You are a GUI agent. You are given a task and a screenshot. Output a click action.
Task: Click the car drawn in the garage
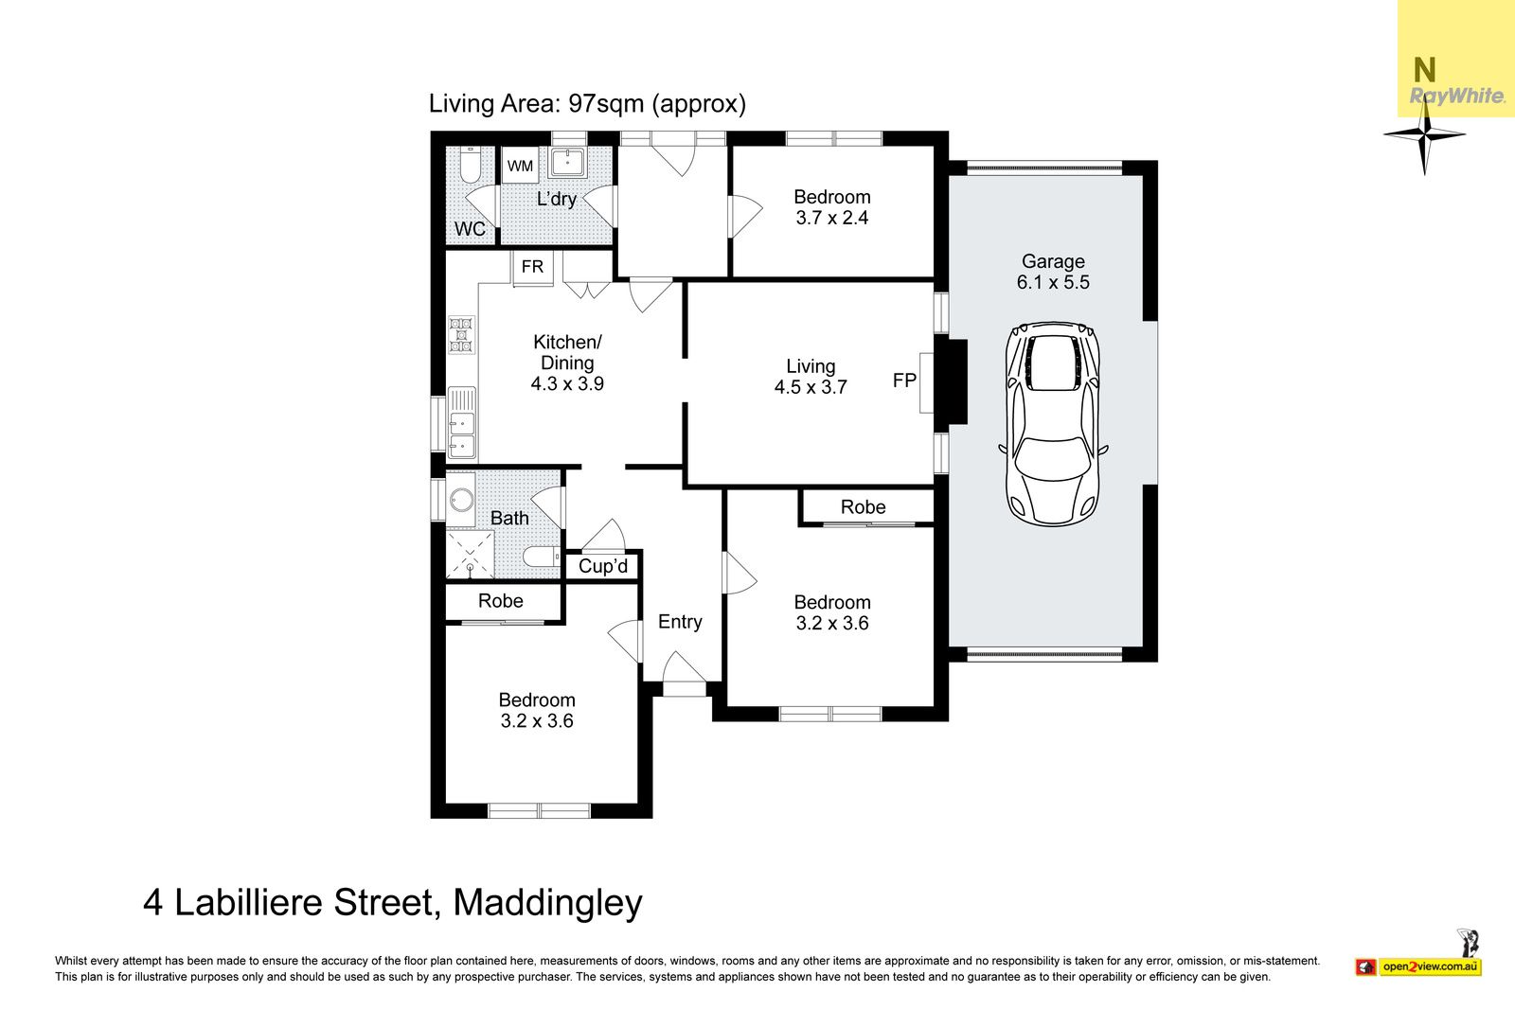pyautogui.click(x=1053, y=424)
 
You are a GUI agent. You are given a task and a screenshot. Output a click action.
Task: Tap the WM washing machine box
pyautogui.click(x=520, y=166)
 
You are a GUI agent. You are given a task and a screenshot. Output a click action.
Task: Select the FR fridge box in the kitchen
pyautogui.click(x=532, y=268)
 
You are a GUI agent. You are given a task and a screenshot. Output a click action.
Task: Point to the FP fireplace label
pyautogui.click(x=904, y=381)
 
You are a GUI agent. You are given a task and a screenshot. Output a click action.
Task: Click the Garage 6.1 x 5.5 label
pyautogui.click(x=1053, y=272)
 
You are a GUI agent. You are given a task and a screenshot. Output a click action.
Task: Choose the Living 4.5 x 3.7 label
pyautogui.click(x=811, y=377)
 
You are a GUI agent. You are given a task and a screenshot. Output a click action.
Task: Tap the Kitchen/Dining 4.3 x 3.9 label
pyautogui.click(x=567, y=363)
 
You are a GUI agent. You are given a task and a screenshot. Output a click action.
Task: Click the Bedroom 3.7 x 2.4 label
pyautogui.click(x=832, y=207)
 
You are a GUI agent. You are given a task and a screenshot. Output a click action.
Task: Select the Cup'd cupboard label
pyautogui.click(x=603, y=566)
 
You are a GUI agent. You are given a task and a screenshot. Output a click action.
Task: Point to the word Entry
pyautogui.click(x=680, y=622)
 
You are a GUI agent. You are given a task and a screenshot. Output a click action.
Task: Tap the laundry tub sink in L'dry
pyautogui.click(x=568, y=162)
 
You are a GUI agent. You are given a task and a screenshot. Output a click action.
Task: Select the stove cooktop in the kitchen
pyautogui.click(x=461, y=335)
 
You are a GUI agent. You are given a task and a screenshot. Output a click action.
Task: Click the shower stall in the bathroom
pyautogui.click(x=470, y=555)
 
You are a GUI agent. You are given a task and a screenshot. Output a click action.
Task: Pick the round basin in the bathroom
pyautogui.click(x=461, y=501)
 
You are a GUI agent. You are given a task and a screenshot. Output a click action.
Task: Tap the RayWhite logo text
pyautogui.click(x=1457, y=96)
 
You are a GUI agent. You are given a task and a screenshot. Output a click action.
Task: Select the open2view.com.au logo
pyautogui.click(x=1418, y=966)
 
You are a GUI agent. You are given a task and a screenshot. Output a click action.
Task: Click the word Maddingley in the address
pyautogui.click(x=547, y=903)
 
